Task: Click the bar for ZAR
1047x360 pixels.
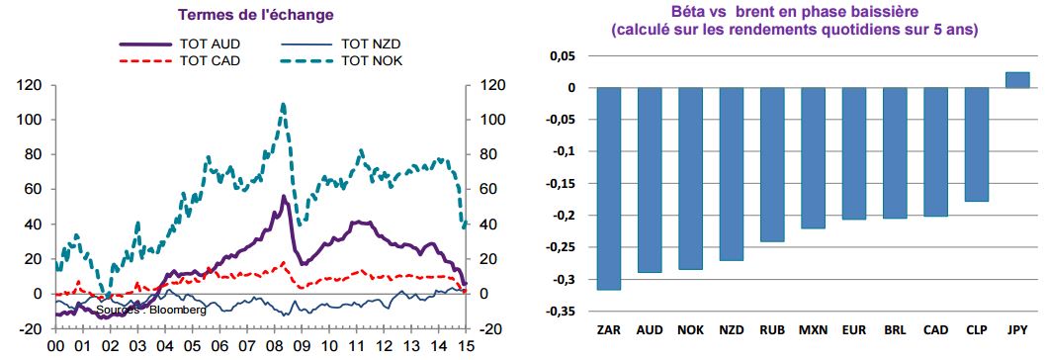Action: point(608,188)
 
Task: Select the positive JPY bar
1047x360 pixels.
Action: point(1017,79)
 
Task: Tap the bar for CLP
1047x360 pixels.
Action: point(976,144)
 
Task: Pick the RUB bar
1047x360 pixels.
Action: point(772,164)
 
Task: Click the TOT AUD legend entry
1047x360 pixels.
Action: point(180,45)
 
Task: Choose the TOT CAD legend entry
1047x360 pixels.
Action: point(180,61)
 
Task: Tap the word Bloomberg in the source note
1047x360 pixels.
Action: point(178,310)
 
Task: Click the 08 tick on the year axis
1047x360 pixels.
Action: point(275,346)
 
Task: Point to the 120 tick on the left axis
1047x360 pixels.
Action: point(33,85)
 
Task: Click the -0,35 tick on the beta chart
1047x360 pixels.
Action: point(563,312)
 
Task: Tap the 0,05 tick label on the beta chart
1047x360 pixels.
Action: point(566,56)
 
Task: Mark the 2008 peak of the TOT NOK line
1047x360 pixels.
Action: point(284,104)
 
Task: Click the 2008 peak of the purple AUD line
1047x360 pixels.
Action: point(284,197)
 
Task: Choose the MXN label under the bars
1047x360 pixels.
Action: point(813,330)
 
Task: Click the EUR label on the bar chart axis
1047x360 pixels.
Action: point(853,330)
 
